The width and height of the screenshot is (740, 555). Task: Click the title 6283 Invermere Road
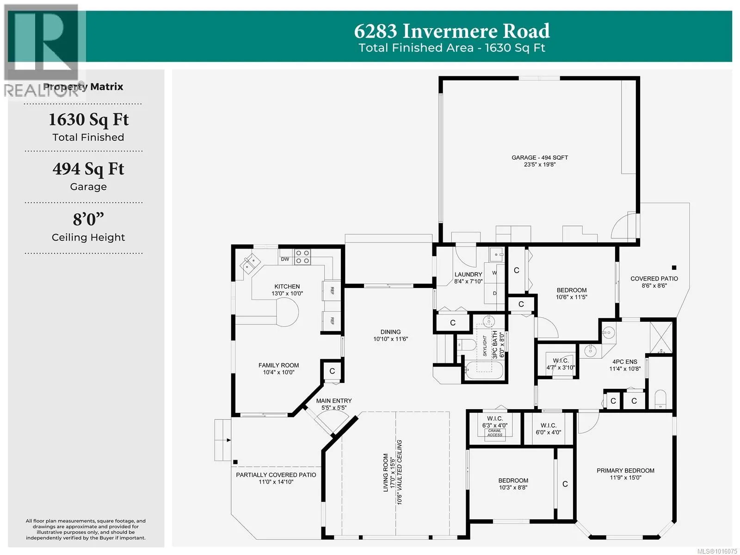pyautogui.click(x=452, y=31)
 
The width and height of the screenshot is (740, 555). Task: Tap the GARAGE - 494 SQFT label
pyautogui.click(x=539, y=157)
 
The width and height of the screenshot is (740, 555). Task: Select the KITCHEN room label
pyautogui.click(x=287, y=287)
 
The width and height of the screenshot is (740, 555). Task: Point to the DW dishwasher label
pyautogui.click(x=285, y=259)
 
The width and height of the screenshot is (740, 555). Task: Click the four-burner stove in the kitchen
pyautogui.click(x=302, y=257)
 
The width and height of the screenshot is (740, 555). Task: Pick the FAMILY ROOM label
pyautogui.click(x=278, y=365)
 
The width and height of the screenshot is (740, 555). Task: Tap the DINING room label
pyautogui.click(x=390, y=332)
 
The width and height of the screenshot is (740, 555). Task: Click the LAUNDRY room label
pyautogui.click(x=468, y=274)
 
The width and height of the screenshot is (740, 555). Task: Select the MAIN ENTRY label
pyautogui.click(x=334, y=400)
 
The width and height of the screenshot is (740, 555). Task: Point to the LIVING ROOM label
pyautogui.click(x=386, y=472)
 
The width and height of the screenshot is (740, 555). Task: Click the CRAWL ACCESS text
pyautogui.click(x=494, y=433)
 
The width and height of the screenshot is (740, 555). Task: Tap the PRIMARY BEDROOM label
pyautogui.click(x=625, y=470)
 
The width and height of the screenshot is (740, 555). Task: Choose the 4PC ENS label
pyautogui.click(x=625, y=362)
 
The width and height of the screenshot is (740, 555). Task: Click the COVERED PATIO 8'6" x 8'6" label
pyautogui.click(x=654, y=282)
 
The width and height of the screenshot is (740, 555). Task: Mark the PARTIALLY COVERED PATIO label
pyautogui.click(x=276, y=475)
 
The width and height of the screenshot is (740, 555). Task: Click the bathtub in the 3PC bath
pyautogui.click(x=484, y=371)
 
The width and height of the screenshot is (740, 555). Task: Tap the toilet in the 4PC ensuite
pyautogui.click(x=660, y=399)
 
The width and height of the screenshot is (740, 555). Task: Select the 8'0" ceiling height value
pyautogui.click(x=88, y=219)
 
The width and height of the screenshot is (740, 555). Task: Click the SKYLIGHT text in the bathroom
pyautogui.click(x=485, y=346)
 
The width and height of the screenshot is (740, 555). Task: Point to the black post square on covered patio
pyautogui.click(x=674, y=268)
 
